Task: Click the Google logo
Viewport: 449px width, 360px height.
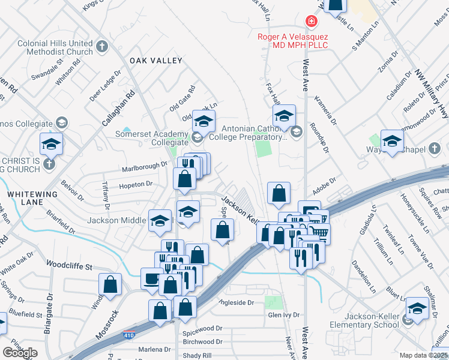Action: (20, 353)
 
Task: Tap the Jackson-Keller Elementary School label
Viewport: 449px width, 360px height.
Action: (364, 320)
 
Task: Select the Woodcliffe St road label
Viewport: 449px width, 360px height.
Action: (70, 265)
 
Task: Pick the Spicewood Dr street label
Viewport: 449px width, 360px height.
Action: (202, 329)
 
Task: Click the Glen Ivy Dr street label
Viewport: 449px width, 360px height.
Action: (283, 315)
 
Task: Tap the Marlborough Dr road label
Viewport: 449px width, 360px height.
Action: (142, 166)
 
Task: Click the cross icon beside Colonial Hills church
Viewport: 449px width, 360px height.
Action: (102, 45)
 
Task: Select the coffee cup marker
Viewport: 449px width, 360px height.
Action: (151, 278)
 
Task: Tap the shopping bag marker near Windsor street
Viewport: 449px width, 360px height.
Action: (110, 284)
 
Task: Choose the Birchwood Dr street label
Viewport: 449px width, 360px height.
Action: (202, 341)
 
